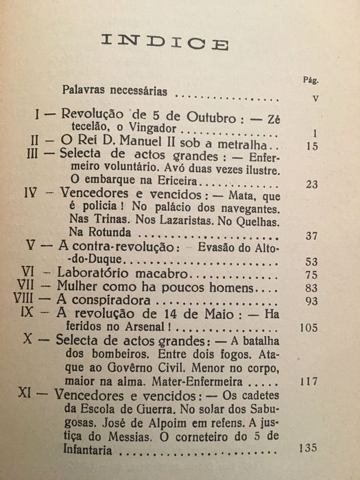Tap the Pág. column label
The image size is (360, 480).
click(x=309, y=79)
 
